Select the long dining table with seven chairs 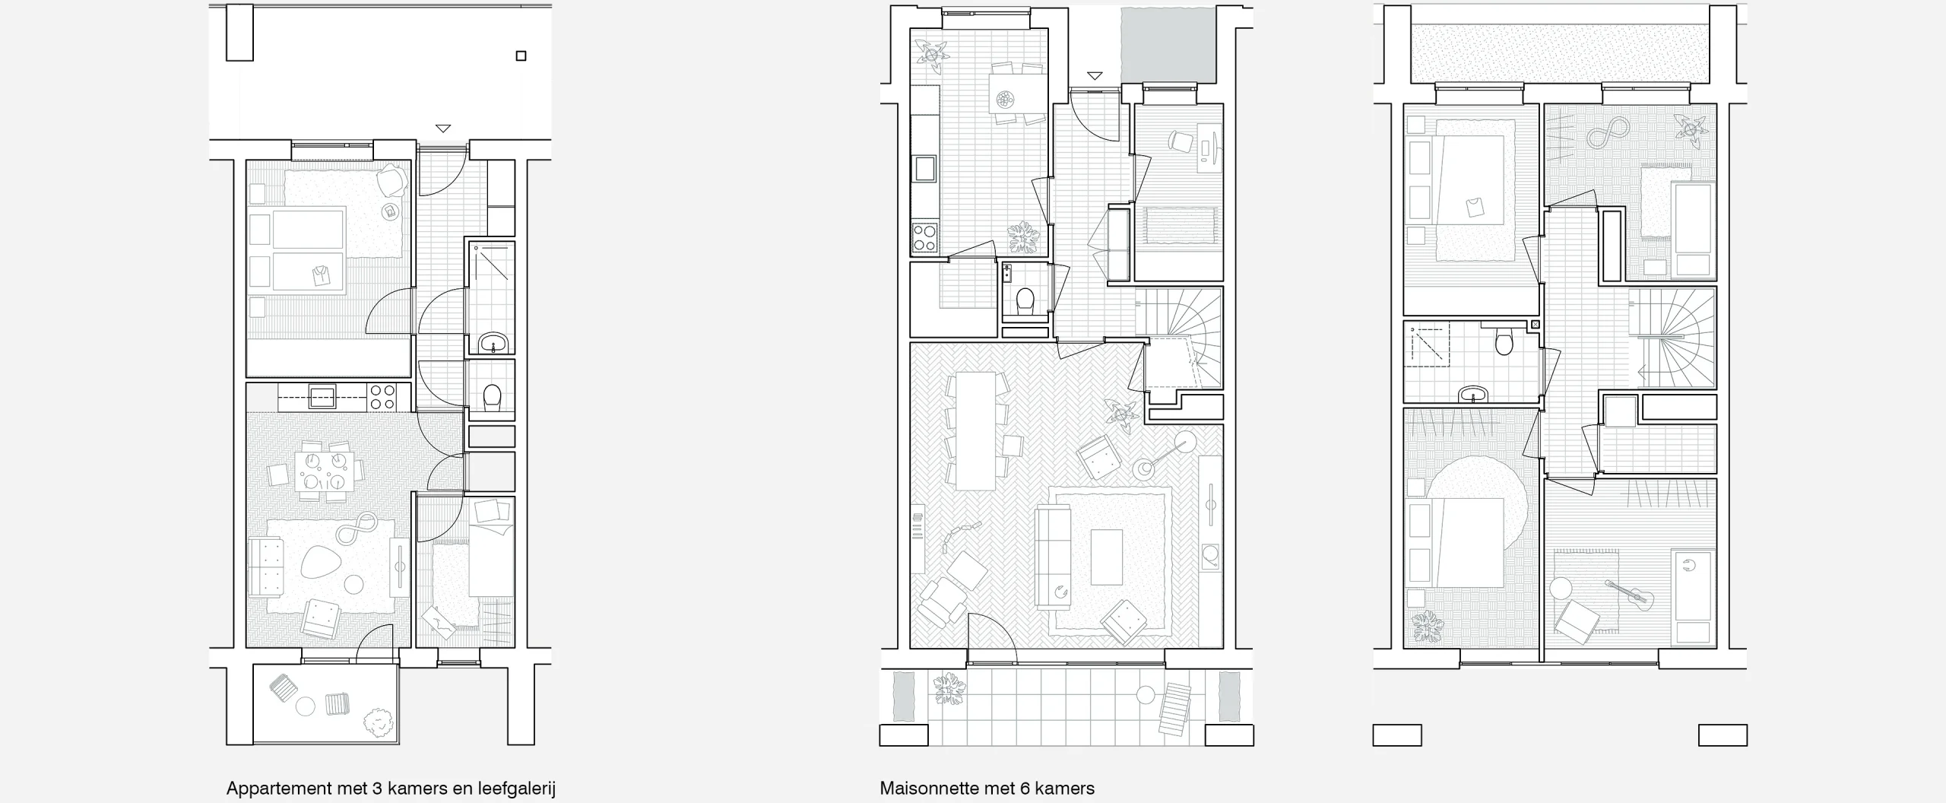976,430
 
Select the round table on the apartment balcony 306,706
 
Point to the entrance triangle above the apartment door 443,129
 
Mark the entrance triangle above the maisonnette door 1095,75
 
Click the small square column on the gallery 521,56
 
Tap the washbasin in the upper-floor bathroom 1474,394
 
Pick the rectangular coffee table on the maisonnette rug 1106,557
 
